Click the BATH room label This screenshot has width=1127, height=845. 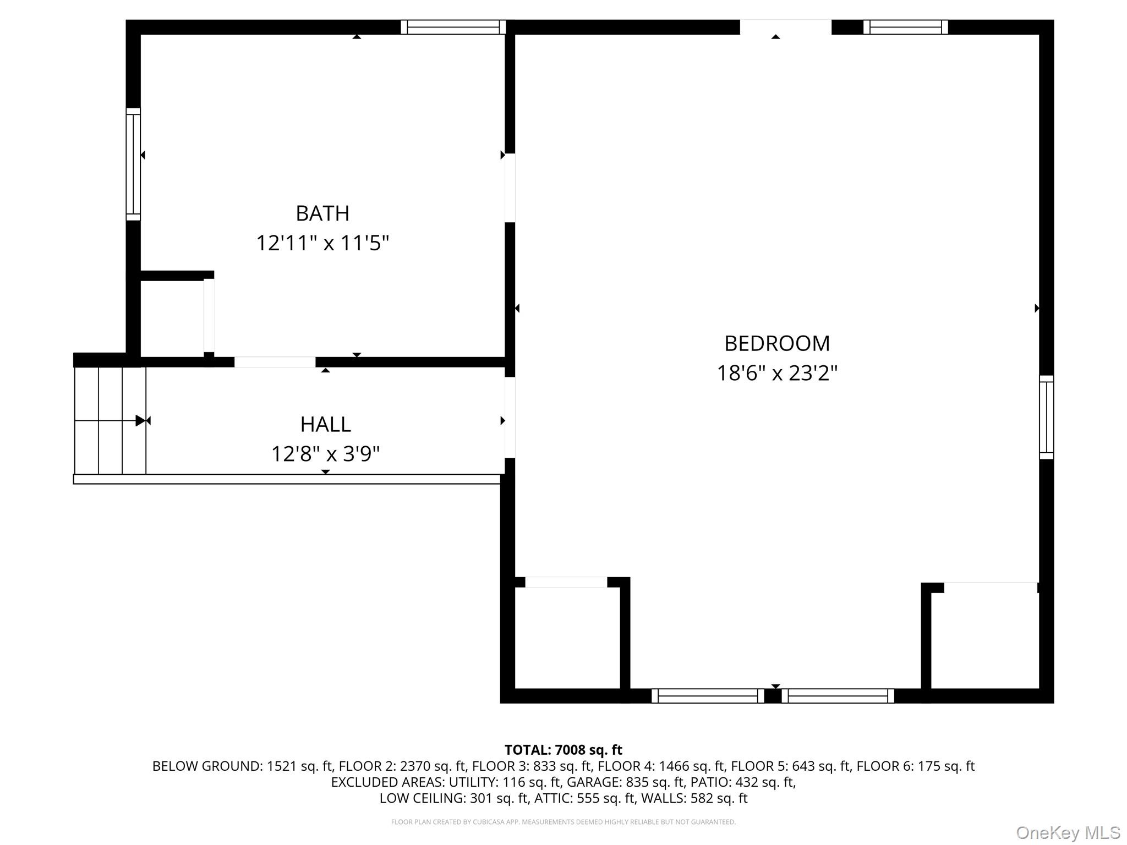pos(322,213)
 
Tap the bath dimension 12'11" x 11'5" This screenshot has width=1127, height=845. pos(322,243)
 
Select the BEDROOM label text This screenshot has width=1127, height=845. pos(776,344)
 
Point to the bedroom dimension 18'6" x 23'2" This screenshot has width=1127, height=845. pos(776,374)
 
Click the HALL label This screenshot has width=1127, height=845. pos(325,425)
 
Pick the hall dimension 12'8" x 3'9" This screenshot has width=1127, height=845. pos(325,454)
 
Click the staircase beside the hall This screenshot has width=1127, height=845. pos(110,420)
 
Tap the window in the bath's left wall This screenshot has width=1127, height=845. pos(133,164)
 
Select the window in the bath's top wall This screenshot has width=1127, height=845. pos(453,27)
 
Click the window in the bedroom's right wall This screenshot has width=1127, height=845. pos(1046,417)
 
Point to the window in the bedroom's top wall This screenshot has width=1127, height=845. pos(905,27)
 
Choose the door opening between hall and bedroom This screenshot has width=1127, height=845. pos(510,417)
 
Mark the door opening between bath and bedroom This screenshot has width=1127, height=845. pos(510,188)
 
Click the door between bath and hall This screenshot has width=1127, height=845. pos(275,362)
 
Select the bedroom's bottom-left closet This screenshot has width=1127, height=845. pos(567,638)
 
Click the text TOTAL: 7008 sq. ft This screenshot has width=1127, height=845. pos(563,750)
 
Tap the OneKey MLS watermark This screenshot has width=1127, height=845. pos(1068,832)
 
